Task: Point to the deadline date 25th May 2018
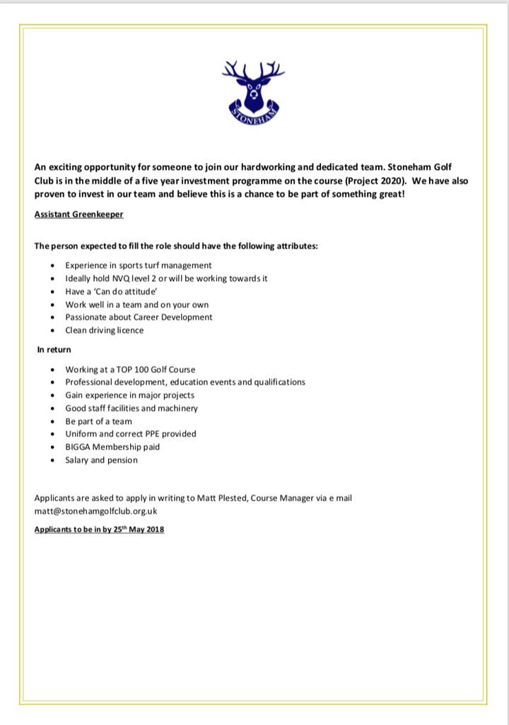point(139,529)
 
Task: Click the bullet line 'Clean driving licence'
point(104,330)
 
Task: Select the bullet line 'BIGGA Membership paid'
point(112,447)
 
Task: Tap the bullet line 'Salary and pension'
point(101,459)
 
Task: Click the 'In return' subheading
point(54,349)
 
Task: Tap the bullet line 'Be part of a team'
point(98,421)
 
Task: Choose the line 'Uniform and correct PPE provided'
point(131,433)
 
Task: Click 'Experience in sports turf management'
point(138,265)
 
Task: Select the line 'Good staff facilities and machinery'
point(131,408)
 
